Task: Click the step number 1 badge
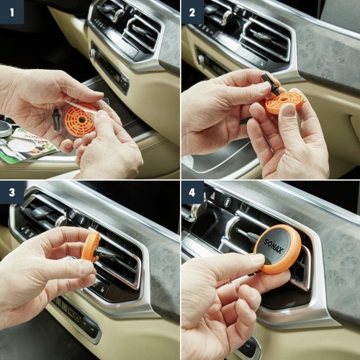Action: (x=12, y=12)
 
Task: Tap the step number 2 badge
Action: (x=192, y=12)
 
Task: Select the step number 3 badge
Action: (x=12, y=192)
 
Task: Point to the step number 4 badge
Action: (x=192, y=192)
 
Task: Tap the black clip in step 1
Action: (x=56, y=120)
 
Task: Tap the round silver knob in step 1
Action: (x=93, y=53)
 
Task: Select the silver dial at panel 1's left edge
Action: (x=5, y=130)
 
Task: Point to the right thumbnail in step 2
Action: (x=289, y=110)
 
